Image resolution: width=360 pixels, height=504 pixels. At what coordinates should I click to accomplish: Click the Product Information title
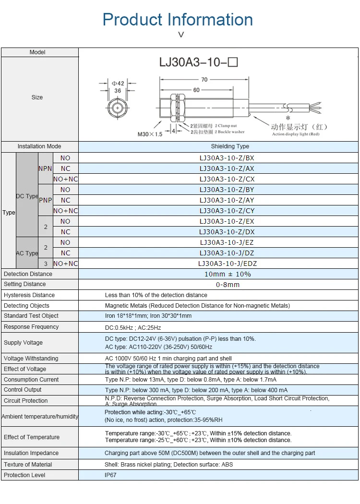(x=178, y=20)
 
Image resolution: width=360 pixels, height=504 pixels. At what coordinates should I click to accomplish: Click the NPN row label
(x=45, y=168)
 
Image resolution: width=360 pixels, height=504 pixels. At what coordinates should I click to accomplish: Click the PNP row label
(x=45, y=200)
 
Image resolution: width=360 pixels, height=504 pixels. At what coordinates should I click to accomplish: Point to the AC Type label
(x=27, y=253)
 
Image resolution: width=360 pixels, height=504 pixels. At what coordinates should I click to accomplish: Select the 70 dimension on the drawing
(x=204, y=80)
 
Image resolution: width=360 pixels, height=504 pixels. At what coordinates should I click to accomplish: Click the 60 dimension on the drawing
(x=196, y=90)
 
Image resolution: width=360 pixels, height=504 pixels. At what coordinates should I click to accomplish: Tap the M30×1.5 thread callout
(x=150, y=134)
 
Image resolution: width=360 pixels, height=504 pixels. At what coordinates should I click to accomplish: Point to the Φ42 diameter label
(x=118, y=83)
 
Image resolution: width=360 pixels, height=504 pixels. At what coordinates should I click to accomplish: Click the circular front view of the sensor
(x=118, y=108)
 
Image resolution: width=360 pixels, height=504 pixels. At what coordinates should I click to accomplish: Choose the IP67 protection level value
(x=110, y=475)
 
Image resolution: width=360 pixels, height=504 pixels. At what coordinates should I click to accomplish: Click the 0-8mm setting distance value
(x=228, y=285)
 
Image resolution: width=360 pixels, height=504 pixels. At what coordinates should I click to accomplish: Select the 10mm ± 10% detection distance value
(x=228, y=274)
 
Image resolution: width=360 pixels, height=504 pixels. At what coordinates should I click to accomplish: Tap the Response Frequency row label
(x=31, y=327)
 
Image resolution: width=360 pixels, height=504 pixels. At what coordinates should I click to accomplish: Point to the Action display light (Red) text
(x=295, y=134)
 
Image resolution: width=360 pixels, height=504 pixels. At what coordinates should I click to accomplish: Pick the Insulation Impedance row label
(x=31, y=453)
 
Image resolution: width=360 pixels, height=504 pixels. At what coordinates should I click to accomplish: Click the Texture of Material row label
(x=28, y=465)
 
